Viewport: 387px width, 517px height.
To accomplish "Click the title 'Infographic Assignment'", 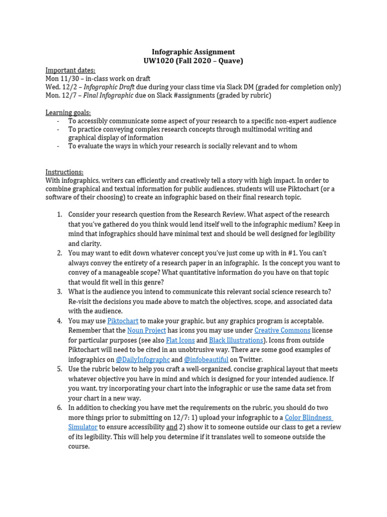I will tap(193, 52).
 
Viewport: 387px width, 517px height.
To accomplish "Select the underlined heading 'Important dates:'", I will tap(70, 70).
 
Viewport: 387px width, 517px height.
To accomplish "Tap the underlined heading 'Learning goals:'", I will tap(68, 113).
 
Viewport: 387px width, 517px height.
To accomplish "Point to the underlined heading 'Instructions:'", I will tap(64, 172).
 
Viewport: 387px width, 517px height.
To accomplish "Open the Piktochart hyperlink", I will tap(123, 321).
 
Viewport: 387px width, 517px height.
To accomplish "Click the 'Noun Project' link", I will tap(147, 331).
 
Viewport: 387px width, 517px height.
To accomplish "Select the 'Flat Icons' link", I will tap(180, 340).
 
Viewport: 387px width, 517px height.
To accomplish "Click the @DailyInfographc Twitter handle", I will tap(143, 360).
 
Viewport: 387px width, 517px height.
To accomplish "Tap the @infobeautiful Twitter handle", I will tap(206, 360).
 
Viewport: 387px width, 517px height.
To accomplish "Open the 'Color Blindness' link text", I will tap(308, 418).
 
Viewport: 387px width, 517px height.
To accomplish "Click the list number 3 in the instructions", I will tap(59, 292).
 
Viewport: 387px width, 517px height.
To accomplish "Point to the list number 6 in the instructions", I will tap(59, 408).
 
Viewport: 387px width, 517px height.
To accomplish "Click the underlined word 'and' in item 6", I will tap(172, 428).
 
